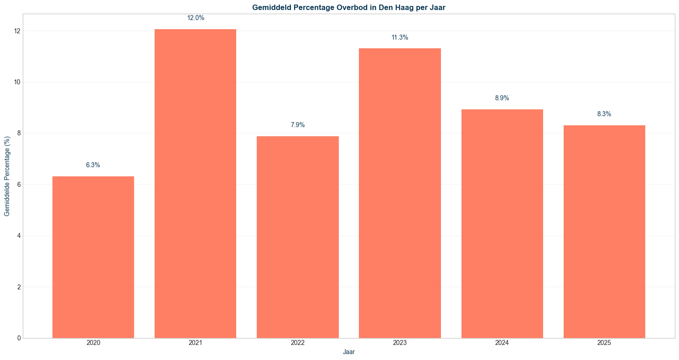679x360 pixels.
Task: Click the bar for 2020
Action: click(x=93, y=257)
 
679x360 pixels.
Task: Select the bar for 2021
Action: click(x=195, y=184)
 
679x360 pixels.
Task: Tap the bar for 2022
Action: click(x=298, y=237)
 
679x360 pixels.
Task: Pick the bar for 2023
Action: click(x=400, y=193)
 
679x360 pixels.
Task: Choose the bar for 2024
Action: click(x=502, y=224)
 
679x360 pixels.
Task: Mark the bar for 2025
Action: click(x=604, y=231)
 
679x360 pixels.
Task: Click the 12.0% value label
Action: click(x=196, y=18)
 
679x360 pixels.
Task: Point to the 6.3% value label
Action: click(x=93, y=165)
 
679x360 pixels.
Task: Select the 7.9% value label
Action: click(x=298, y=125)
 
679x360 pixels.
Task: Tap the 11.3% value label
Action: click(x=400, y=37)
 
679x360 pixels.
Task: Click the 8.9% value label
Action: click(x=502, y=98)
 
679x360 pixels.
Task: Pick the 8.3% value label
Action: click(x=604, y=114)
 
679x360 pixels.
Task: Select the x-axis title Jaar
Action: click(x=349, y=352)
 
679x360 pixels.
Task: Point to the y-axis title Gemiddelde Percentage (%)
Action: click(x=7, y=176)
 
